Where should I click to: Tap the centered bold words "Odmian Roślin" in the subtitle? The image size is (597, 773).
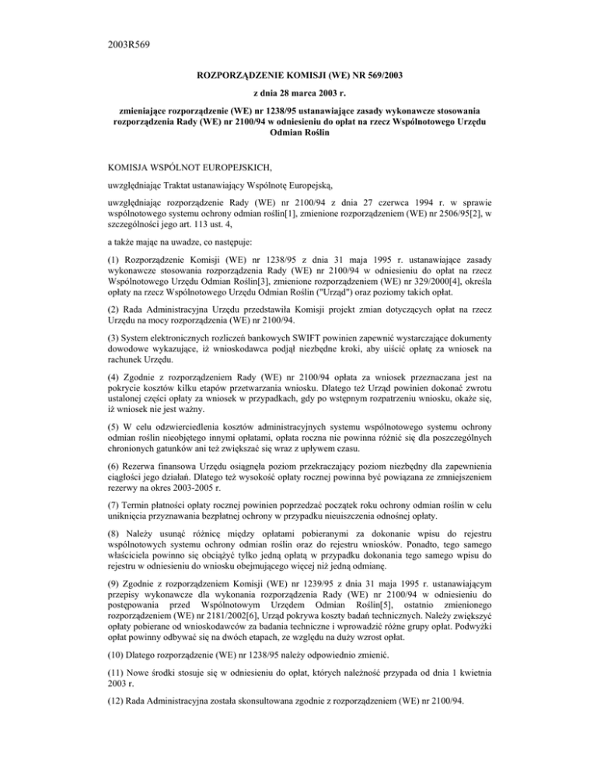[298, 134]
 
